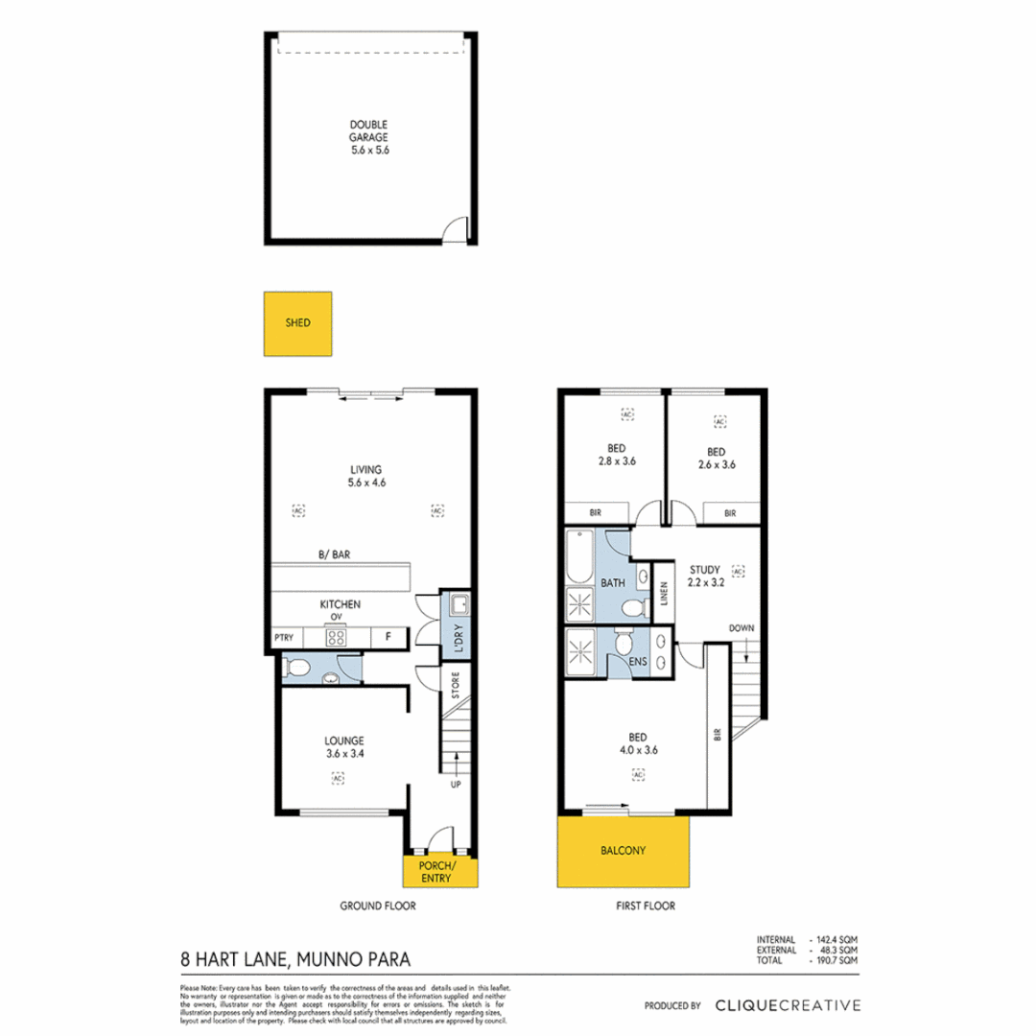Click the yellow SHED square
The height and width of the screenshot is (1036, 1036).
[297, 324]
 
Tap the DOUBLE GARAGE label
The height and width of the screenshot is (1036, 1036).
[368, 137]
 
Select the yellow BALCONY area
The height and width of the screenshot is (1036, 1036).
[624, 851]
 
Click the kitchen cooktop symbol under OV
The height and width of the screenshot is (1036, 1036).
[337, 636]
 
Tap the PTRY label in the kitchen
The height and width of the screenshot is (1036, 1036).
[283, 636]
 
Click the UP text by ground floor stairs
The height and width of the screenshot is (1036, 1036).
[457, 784]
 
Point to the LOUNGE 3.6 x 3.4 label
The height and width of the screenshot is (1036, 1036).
[343, 746]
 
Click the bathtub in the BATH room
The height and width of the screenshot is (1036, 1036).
[579, 555]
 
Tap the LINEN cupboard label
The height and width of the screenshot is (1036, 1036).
[664, 596]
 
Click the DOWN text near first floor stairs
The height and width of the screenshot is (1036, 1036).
[741, 628]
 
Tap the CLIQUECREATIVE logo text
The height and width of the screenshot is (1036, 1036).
[788, 1005]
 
